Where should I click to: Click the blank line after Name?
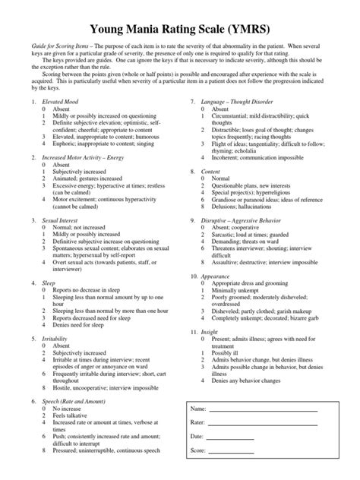pos(262,410)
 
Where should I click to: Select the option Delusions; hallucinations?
pos(236,228)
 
